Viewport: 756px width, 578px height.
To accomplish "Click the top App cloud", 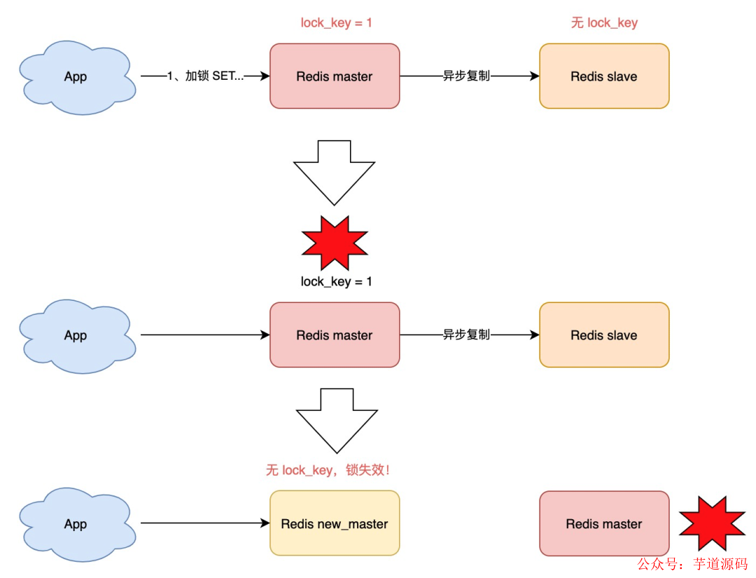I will coord(76,77).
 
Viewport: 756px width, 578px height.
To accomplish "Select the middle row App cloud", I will coord(76,335).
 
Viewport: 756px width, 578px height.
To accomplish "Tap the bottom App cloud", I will coord(76,524).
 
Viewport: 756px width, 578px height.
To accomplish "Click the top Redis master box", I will coord(335,76).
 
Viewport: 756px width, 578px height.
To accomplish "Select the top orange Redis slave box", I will coord(604,76).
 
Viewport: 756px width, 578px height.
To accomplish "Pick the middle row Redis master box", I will coord(335,335).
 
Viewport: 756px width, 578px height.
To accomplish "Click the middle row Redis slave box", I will coord(604,335).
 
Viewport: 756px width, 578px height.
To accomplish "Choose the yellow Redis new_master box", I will coord(335,523).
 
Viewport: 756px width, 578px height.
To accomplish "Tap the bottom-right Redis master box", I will coord(604,523).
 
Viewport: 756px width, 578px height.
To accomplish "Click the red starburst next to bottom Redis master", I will coord(713,523).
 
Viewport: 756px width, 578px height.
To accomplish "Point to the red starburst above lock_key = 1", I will coord(335,242).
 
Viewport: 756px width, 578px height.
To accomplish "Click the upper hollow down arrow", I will coord(335,171).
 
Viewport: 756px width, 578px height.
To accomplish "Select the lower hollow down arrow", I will coord(337,420).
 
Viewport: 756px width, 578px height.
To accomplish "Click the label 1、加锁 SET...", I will coord(206,76).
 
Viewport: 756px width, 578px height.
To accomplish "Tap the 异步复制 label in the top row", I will coord(466,76).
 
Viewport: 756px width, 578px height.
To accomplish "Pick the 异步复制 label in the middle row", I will coord(466,335).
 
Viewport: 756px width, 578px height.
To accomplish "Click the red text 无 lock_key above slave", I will coord(604,23).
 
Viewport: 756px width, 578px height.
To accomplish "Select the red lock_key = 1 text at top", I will coord(337,23).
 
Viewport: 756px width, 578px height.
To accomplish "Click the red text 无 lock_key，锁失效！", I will coord(328,470).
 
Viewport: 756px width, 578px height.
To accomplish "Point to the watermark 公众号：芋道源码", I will coord(692,563).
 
